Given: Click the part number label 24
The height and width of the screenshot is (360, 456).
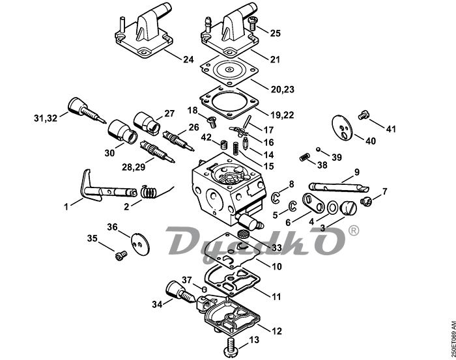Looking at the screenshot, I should [x=188, y=59].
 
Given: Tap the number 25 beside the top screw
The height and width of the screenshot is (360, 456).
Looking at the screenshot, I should [x=275, y=33].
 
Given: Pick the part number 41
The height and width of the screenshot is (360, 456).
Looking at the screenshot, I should [x=391, y=130].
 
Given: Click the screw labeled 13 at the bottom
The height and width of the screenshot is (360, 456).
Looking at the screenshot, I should [x=231, y=344].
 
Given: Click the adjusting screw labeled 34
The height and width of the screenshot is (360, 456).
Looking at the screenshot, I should [x=177, y=290].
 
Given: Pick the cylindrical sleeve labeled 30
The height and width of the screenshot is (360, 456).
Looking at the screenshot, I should [x=122, y=130].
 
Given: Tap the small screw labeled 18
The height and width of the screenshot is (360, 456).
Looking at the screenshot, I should [x=210, y=120].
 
